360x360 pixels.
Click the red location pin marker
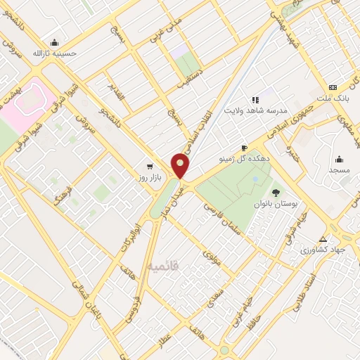point(181,166)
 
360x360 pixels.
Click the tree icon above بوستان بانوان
point(276,191)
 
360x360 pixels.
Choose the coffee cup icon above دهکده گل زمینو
point(244,148)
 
